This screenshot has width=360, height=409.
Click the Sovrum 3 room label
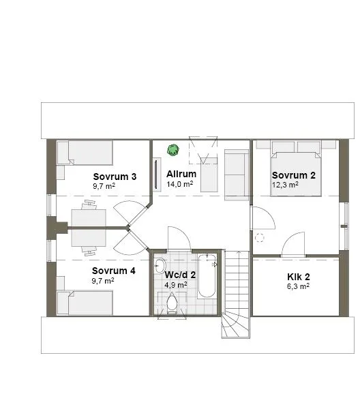[x=115, y=177]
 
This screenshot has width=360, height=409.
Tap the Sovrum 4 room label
[x=114, y=271]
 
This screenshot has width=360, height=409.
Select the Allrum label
[x=181, y=175]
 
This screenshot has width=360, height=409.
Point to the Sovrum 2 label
[x=294, y=175]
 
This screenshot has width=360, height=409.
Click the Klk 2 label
[x=298, y=277]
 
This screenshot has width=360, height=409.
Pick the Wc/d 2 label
[x=180, y=275]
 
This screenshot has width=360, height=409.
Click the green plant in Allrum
[x=173, y=148]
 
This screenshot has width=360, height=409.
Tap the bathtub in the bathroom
[x=207, y=276]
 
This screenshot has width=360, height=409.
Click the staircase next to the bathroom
[x=237, y=293]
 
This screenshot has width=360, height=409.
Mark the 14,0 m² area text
[x=180, y=184]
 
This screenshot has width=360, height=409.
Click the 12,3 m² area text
[x=285, y=185]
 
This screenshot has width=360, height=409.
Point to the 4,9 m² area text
[x=175, y=285]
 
